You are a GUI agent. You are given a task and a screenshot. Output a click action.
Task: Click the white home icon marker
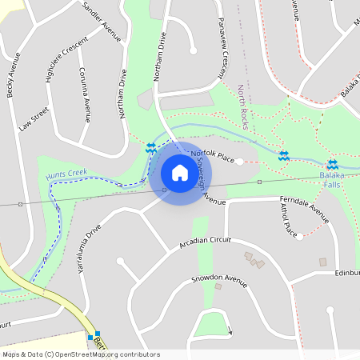[180, 173]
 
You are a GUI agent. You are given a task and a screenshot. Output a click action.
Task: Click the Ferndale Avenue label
[304, 209]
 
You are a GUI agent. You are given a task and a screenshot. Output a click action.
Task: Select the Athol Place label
[289, 220]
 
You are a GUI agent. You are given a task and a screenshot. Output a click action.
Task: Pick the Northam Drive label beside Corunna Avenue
[123, 94]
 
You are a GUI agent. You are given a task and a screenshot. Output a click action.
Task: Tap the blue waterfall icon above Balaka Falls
[332, 164]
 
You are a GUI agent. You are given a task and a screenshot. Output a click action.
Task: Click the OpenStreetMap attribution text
[81, 354]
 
